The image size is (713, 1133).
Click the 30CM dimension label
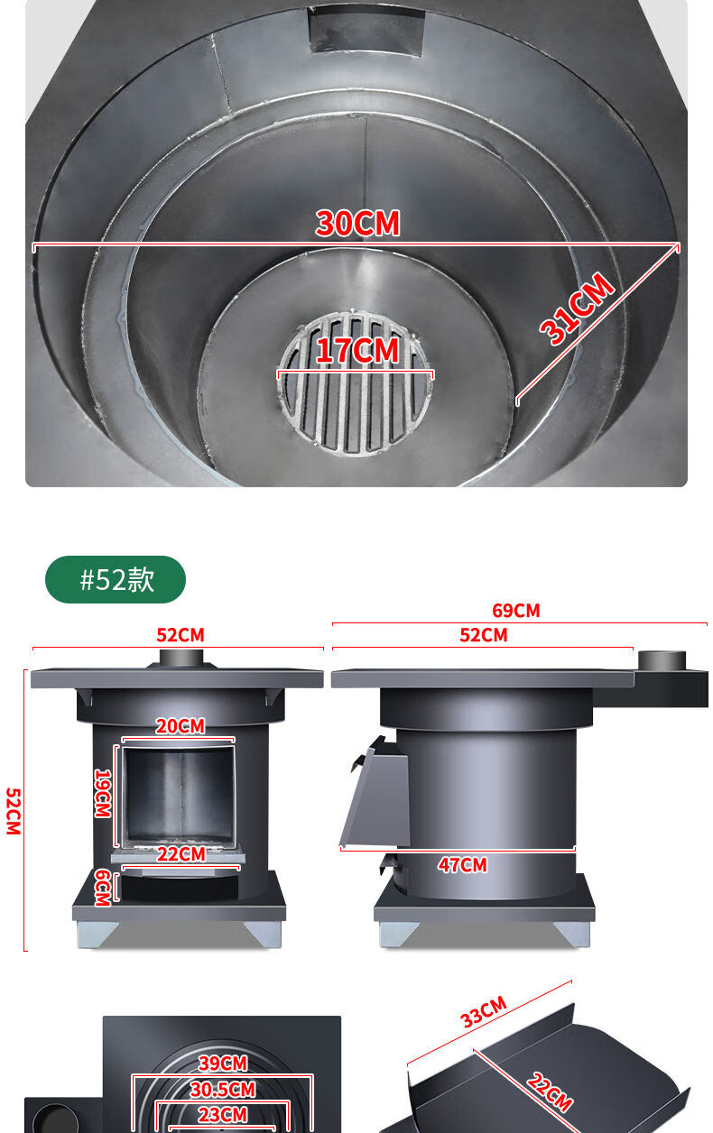[x=357, y=223]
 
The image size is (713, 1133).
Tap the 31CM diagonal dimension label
[x=577, y=309]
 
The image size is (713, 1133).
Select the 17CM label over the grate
[x=357, y=350]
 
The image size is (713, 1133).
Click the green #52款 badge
[x=116, y=579]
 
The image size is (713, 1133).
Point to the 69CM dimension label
[x=515, y=611]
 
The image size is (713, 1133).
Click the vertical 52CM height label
[x=14, y=811]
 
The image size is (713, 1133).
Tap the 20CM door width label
[x=181, y=726]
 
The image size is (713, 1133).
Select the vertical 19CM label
[x=103, y=793]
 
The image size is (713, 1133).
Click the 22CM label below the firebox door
[x=181, y=854]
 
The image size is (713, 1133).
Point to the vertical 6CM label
[x=103, y=888]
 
